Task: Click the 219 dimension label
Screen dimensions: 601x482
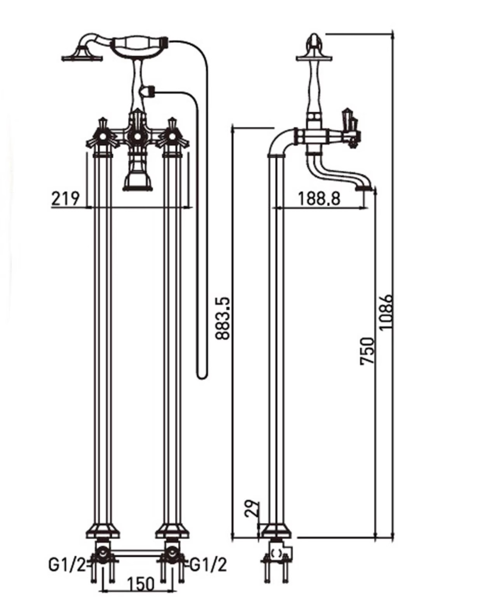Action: click(x=65, y=198)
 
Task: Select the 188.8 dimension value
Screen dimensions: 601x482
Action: click(x=319, y=198)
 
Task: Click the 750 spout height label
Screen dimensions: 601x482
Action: click(x=367, y=351)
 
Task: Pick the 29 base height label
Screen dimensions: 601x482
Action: click(x=251, y=508)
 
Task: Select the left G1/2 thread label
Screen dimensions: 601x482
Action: click(x=66, y=564)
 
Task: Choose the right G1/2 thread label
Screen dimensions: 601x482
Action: click(x=208, y=564)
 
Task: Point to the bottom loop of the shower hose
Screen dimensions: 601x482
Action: click(x=202, y=375)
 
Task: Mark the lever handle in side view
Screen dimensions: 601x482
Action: click(x=349, y=121)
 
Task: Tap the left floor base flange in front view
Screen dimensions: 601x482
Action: click(x=103, y=531)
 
